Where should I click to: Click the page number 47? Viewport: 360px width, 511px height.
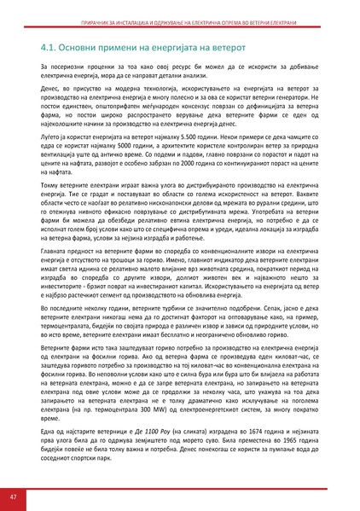(x=14, y=496)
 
